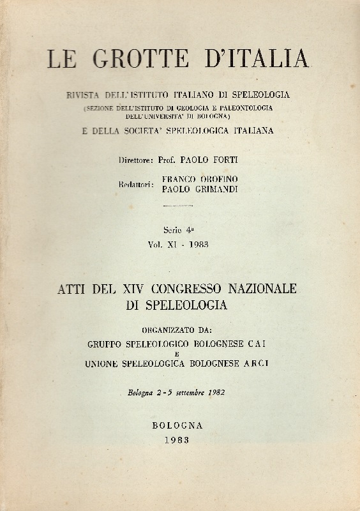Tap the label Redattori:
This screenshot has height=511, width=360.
[x=140, y=184]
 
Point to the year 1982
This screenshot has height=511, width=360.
[x=216, y=392]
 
